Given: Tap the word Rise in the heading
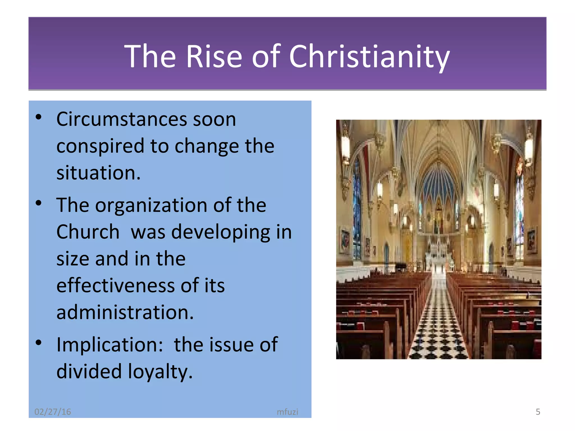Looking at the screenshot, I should (214, 57).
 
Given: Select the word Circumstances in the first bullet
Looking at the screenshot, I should (122, 120).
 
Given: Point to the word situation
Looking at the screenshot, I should (98, 173).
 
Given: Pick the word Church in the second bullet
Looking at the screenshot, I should (88, 232).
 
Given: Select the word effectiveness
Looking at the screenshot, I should (115, 286).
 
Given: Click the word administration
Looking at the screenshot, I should (125, 312).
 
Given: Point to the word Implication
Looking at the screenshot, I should (109, 345).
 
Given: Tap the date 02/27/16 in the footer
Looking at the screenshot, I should (53, 412).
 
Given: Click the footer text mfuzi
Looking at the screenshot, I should (287, 412).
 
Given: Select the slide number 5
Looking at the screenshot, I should (538, 412).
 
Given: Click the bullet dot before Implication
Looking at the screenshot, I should (39, 342).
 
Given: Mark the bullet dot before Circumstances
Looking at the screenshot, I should (39, 117).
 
